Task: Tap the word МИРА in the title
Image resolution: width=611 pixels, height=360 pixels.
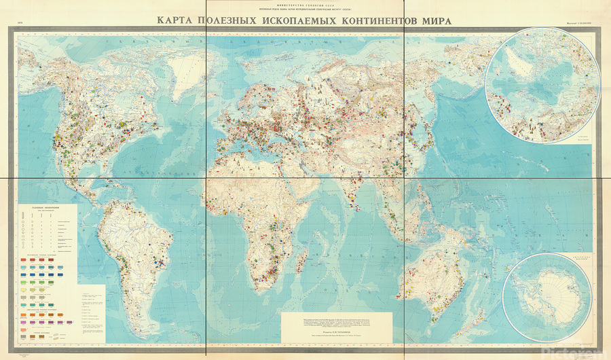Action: tap(434, 20)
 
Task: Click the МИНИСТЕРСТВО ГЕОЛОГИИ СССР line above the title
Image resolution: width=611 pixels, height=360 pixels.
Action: tap(305, 4)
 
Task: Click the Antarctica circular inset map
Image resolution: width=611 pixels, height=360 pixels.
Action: tap(551, 297)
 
